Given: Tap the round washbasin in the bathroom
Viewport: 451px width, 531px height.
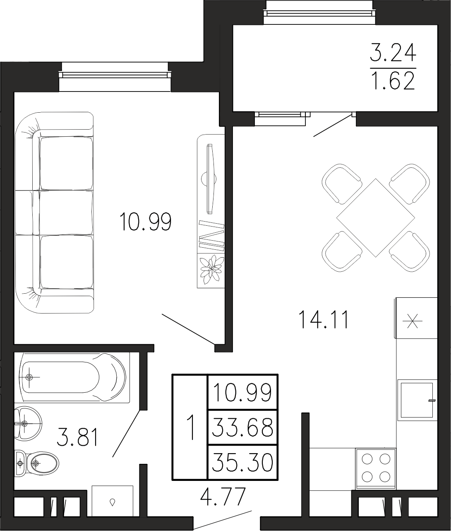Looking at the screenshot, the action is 28,422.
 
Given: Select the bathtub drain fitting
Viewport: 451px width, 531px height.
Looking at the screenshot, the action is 29,377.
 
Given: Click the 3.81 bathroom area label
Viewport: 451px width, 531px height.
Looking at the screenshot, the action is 77,437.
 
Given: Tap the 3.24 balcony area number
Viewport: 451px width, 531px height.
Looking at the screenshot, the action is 393,52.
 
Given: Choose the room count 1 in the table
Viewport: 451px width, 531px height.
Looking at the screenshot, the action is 190,427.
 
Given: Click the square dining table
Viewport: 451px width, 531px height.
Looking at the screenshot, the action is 376,218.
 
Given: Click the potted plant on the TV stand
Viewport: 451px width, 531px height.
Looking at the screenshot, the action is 211,270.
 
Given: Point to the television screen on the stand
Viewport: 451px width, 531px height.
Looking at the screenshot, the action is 211,179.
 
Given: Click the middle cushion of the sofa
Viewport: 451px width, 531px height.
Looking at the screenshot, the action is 66,212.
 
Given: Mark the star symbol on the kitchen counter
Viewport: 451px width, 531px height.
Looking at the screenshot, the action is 412,321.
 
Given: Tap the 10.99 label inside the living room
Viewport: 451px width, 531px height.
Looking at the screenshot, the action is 145,222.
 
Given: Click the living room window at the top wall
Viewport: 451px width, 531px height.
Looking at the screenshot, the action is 115,75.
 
